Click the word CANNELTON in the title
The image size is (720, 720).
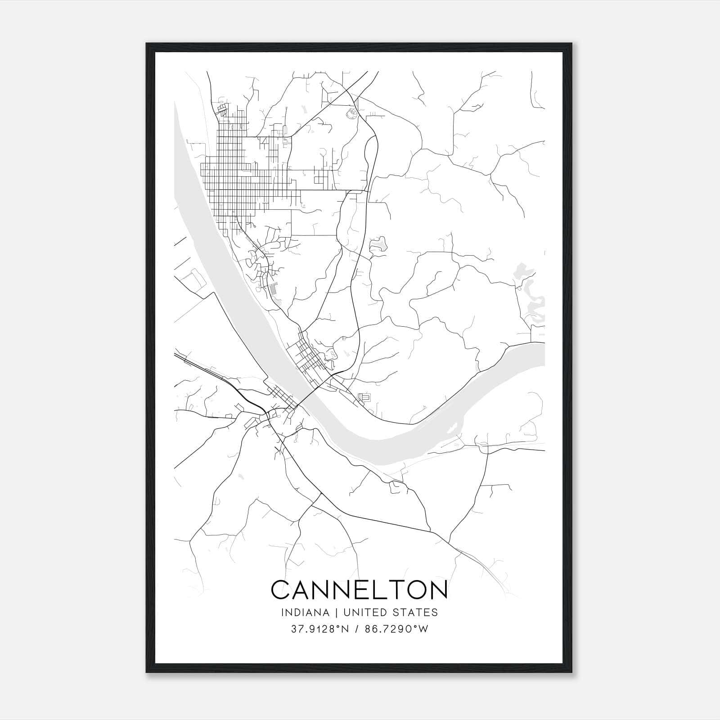point(359,589)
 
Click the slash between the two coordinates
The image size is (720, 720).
point(357,629)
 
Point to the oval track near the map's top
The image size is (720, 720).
point(351,114)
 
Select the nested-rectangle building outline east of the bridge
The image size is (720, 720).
point(364,398)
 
